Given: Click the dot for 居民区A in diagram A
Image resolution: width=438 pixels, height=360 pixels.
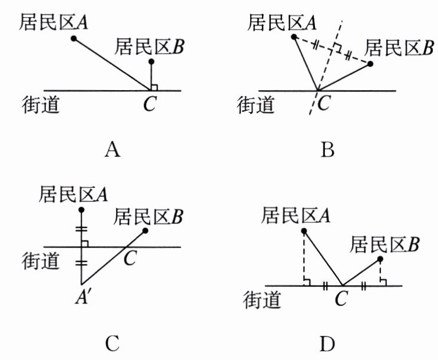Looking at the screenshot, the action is pos(74,39).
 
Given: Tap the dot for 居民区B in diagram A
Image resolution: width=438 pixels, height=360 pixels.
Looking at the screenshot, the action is pos(151,61).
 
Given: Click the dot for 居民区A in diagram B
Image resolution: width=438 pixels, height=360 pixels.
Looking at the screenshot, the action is pos(294,37).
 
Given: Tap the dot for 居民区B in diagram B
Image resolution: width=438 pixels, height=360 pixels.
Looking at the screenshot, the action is pos(370,63).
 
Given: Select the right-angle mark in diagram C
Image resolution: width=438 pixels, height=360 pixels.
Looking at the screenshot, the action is pos(85,243).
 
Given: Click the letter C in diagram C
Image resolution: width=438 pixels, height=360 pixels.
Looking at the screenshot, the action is pos(130,257).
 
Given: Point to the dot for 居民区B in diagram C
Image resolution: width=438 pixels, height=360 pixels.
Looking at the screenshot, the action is pos(145,231).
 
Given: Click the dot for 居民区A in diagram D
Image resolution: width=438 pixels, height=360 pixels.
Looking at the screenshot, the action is pos(303,231).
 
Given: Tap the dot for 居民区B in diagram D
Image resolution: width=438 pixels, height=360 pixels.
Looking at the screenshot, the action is pos(380,259).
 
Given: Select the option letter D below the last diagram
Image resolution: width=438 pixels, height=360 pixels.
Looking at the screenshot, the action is pos(327,342).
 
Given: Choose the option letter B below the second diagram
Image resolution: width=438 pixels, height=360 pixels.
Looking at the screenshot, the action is pos(327,151).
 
